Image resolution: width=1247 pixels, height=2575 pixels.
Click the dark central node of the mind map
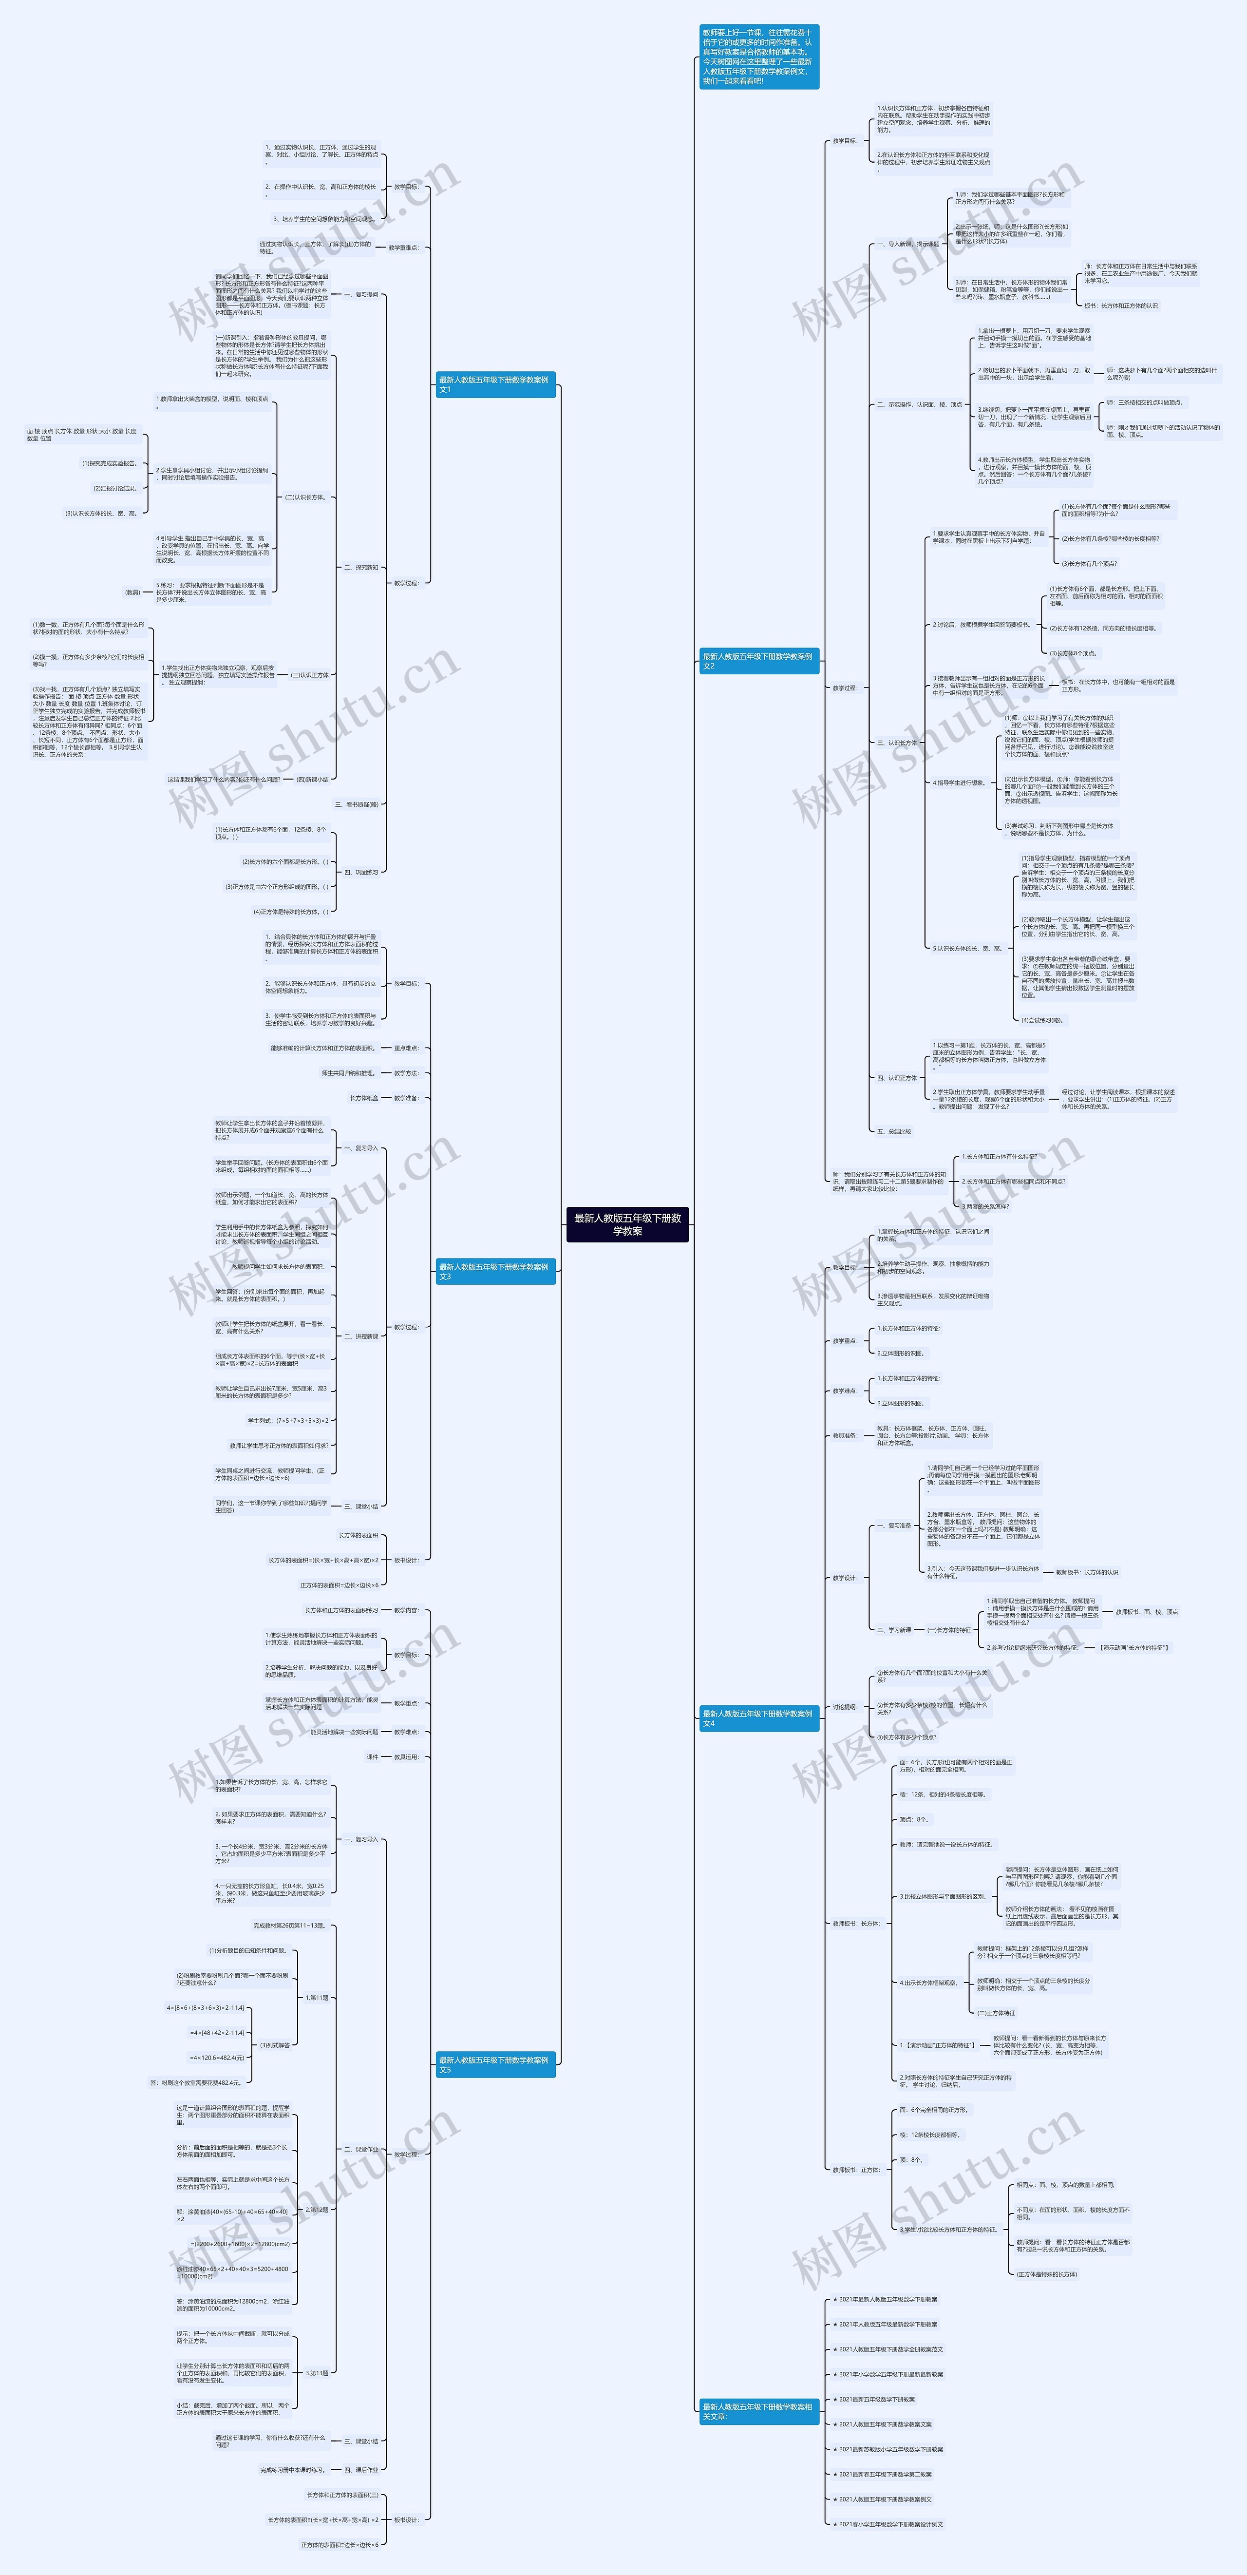pyautogui.click(x=627, y=1223)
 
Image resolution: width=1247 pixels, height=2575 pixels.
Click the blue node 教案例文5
pyautogui.click(x=494, y=2064)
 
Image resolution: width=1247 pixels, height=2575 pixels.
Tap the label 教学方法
pyautogui.click(x=406, y=1072)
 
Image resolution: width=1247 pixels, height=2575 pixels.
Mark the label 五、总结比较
pyautogui.click(x=893, y=1131)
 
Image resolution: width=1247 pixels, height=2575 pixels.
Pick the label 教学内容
pyautogui.click(x=406, y=1610)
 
